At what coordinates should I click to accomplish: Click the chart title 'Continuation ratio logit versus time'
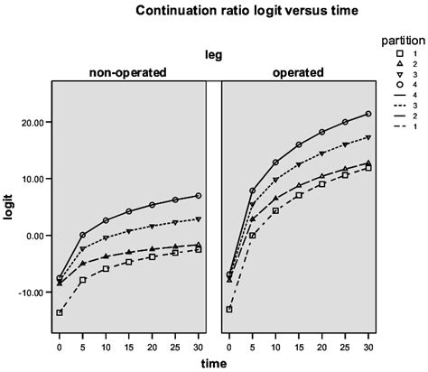click(x=213, y=12)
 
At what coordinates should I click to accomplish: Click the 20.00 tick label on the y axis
click(x=34, y=122)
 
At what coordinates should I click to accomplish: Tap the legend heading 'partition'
click(x=397, y=41)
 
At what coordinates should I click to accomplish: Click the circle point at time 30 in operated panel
click(x=368, y=114)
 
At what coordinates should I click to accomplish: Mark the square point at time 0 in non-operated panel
click(x=60, y=312)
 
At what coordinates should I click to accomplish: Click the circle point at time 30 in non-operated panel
click(x=198, y=195)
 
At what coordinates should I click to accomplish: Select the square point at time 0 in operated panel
click(x=229, y=309)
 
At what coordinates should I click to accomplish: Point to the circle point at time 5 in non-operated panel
click(x=83, y=235)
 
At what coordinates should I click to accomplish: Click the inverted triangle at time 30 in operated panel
click(x=368, y=137)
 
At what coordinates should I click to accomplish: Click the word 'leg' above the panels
click(x=213, y=54)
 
